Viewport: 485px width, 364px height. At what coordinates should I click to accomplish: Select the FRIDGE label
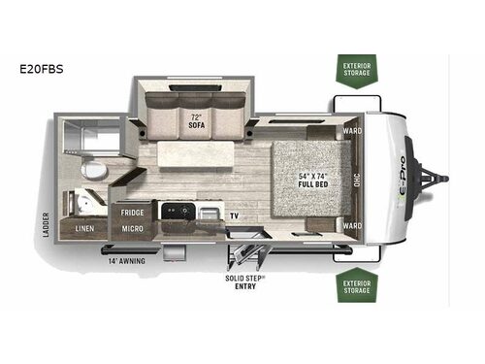pyautogui.click(x=133, y=211)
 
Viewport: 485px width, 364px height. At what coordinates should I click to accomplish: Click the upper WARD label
pyautogui.click(x=352, y=130)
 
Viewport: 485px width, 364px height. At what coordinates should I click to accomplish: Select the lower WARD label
pyautogui.click(x=352, y=227)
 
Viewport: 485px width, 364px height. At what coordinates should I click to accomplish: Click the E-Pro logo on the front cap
pyautogui.click(x=401, y=180)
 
